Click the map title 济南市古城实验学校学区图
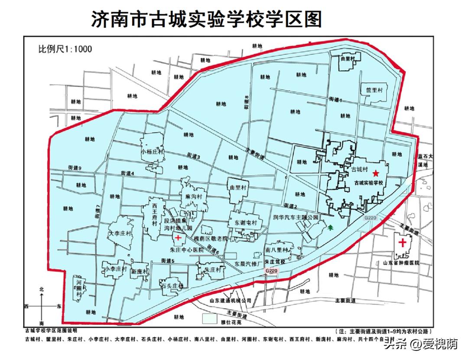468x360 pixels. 206,19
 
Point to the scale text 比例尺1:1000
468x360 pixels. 65,49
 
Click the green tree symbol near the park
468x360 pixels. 331,226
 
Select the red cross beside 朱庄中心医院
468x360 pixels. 179,238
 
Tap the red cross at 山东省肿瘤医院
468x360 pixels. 403,242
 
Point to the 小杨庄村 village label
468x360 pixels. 153,152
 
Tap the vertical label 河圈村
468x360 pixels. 79,288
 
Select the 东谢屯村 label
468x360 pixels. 246,222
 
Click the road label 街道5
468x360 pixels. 168,261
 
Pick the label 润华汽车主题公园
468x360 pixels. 296,216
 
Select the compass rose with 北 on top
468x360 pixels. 42,306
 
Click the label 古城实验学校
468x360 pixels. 370,183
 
